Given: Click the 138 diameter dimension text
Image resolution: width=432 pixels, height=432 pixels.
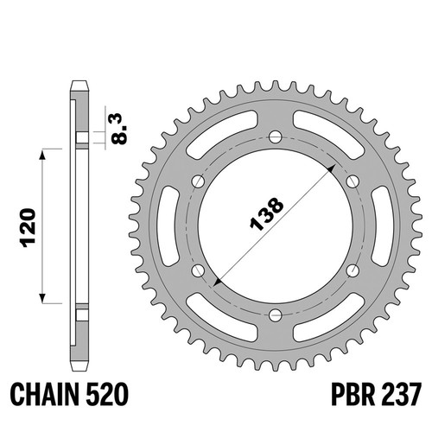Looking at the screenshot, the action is coord(266,214).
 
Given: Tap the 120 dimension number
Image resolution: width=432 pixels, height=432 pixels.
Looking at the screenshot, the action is coord(29,228).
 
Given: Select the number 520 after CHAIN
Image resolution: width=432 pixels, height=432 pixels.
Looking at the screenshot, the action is coord(107,394).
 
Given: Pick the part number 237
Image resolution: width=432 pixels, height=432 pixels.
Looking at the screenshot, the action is coord(402,394).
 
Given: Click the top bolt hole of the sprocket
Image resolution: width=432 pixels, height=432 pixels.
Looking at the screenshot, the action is coord(276,137).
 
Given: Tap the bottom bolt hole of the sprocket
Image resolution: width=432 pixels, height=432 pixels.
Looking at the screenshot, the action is coord(276,315).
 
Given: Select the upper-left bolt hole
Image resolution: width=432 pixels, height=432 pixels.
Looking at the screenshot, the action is coord(198,181).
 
